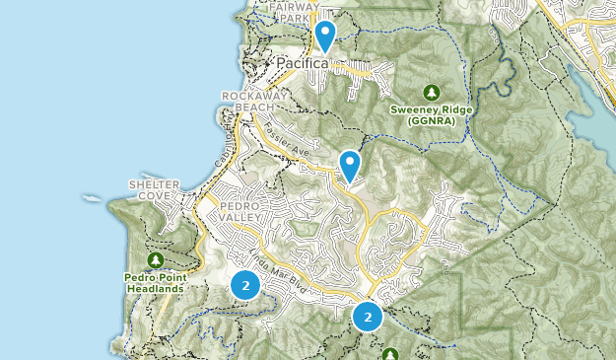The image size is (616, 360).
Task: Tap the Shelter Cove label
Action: tap(154, 189)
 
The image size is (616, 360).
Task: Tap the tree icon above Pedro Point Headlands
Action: tap(156, 260)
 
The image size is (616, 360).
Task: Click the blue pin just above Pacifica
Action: tap(324, 36)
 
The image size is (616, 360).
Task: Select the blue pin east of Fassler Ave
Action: tap(349, 164)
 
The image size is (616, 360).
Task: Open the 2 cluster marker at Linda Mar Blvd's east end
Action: tap(368, 317)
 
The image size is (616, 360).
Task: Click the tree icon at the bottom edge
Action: tap(390, 354)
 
